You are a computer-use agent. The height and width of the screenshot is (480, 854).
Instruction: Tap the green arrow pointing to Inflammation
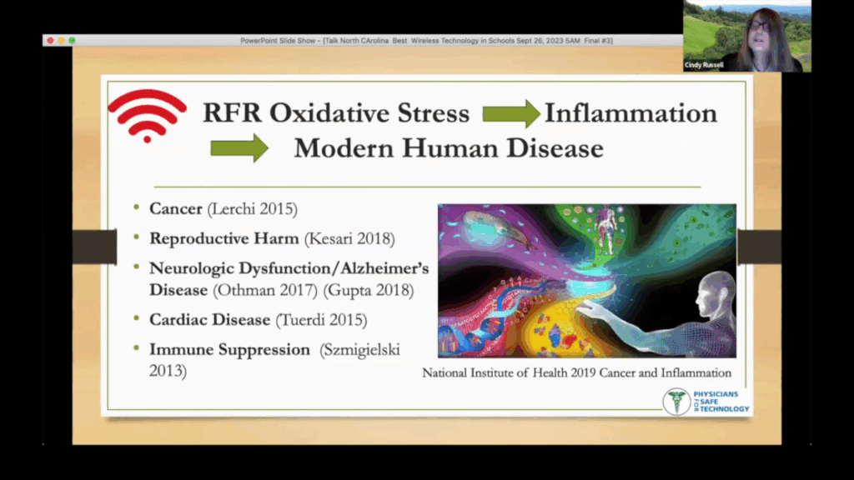pyautogui.click(x=511, y=113)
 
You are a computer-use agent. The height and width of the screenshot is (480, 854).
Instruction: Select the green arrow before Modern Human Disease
pyautogui.click(x=239, y=147)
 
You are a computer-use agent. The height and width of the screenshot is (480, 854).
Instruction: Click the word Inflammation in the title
pyautogui.click(x=630, y=113)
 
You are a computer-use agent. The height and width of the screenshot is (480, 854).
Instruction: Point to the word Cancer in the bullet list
pyautogui.click(x=176, y=208)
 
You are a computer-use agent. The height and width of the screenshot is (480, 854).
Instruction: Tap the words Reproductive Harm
pyautogui.click(x=224, y=238)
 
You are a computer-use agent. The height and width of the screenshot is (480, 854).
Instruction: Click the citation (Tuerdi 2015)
pyautogui.click(x=321, y=319)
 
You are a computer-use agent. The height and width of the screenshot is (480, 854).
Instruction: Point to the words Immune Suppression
pyautogui.click(x=229, y=349)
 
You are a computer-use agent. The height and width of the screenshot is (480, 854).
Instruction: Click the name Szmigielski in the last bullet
pyautogui.click(x=360, y=349)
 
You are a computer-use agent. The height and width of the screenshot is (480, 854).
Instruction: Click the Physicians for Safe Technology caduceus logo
pyautogui.click(x=676, y=401)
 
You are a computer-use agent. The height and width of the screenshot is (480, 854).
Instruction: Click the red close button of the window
pyautogui.click(x=50, y=40)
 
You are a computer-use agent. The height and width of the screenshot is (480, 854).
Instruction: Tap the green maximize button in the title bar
pyautogui.click(x=72, y=40)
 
